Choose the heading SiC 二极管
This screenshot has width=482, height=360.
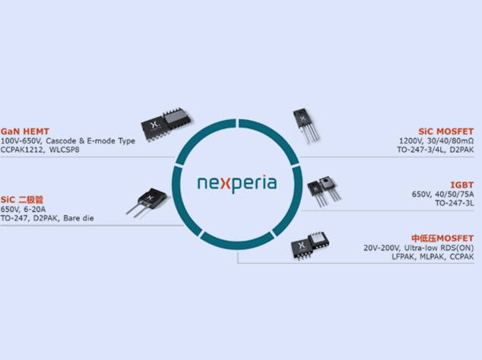tap(27, 200)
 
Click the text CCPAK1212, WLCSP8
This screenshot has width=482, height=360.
tap(40, 150)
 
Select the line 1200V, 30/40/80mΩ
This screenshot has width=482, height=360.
tap(436, 141)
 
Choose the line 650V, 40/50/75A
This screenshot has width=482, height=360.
tap(442, 194)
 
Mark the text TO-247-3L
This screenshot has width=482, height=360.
tap(454, 204)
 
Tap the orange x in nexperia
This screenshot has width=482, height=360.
tap(223, 184)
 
